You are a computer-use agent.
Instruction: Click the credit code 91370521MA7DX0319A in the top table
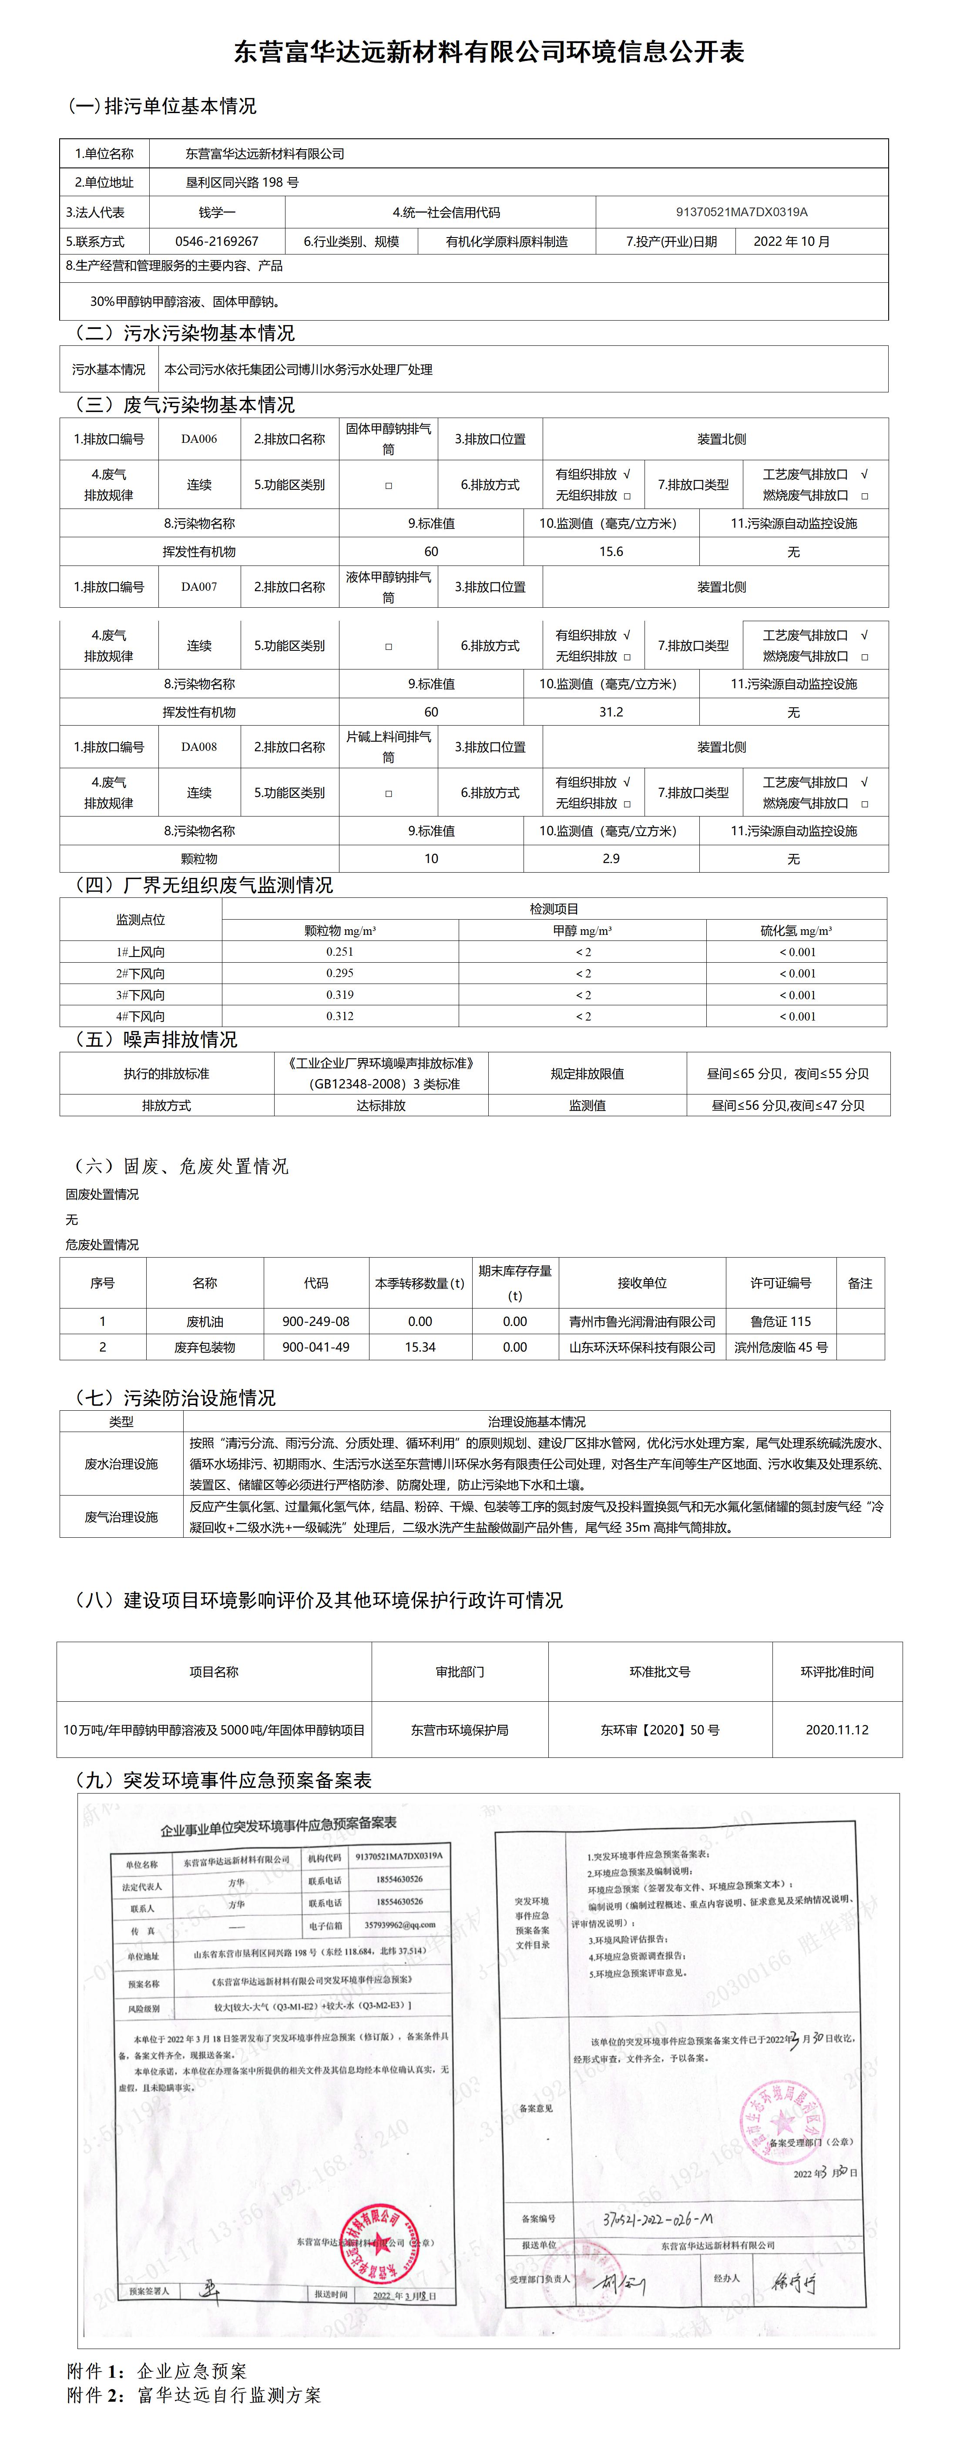click(742, 212)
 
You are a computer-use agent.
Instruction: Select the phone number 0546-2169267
click(216, 242)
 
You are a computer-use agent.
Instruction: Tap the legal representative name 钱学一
click(217, 212)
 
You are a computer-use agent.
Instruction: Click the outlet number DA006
click(199, 439)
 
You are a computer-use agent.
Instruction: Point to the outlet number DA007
click(199, 587)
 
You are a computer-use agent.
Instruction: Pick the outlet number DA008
click(199, 747)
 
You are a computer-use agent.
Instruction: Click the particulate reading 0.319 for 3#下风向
click(339, 995)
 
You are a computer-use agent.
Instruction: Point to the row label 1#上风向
click(141, 952)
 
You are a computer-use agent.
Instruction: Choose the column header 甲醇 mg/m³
click(582, 931)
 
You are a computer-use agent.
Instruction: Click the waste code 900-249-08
click(316, 1321)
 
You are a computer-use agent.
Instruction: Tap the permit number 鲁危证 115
click(781, 1321)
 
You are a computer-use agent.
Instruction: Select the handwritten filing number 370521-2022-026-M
click(657, 2221)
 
